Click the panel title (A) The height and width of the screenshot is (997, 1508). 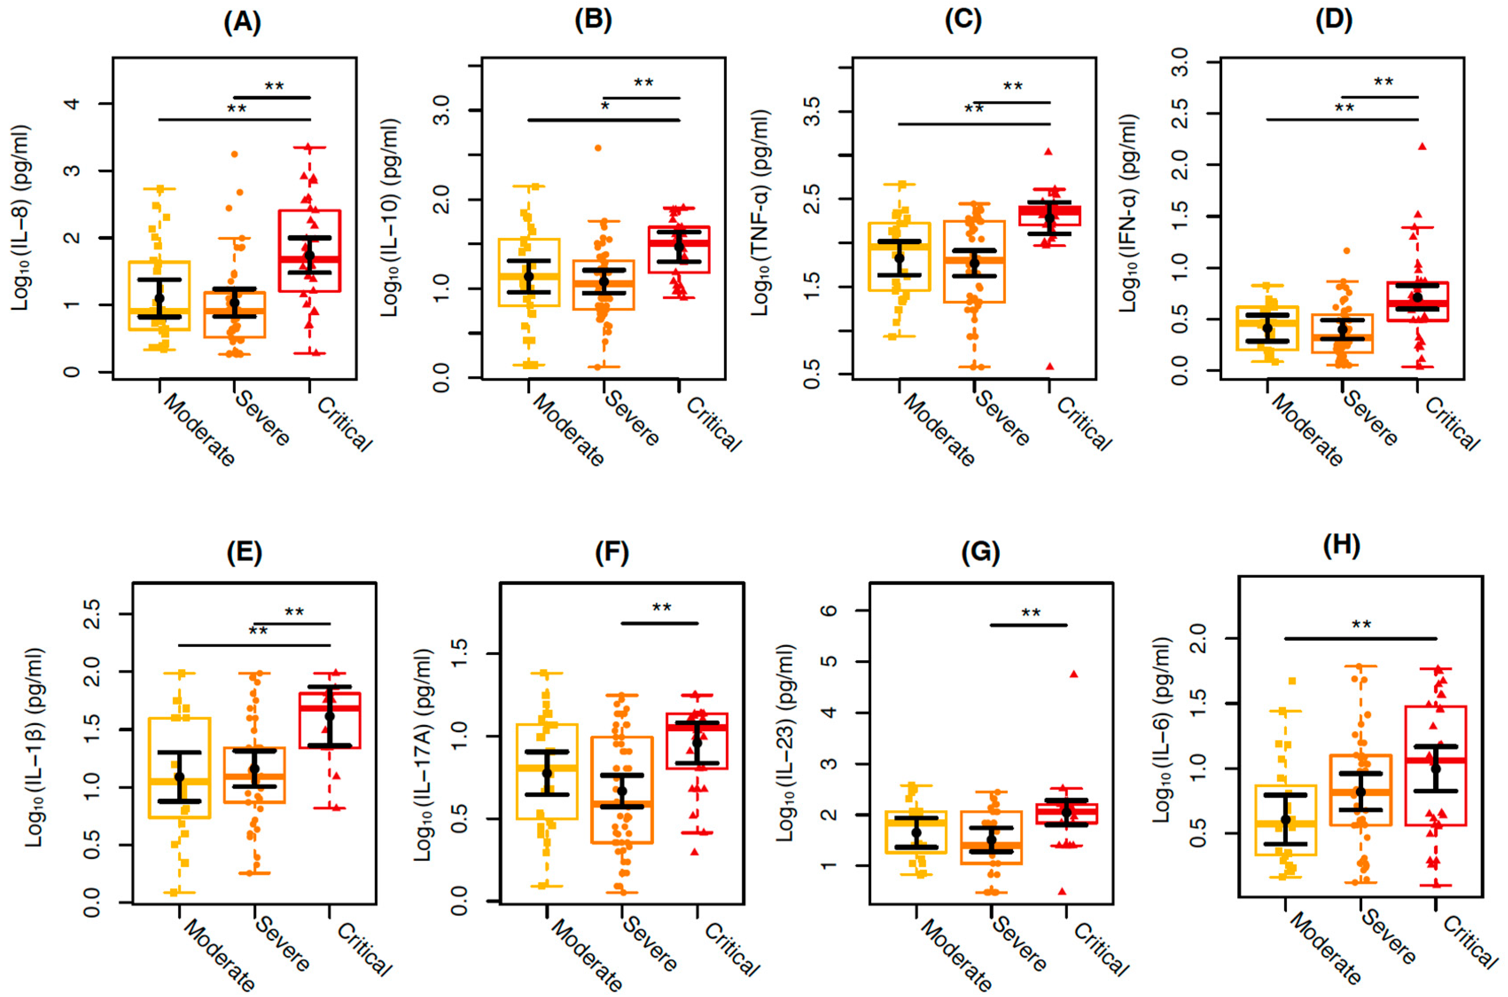242,23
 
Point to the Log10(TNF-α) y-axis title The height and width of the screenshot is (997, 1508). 761,213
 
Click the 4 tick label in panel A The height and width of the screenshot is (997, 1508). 73,104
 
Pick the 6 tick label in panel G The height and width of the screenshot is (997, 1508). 830,611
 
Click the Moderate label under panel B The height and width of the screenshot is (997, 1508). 568,430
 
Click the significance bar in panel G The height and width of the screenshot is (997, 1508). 1029,626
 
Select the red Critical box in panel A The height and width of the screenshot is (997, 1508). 310,251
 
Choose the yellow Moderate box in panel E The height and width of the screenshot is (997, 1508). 179,768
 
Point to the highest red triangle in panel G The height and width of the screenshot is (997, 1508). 1074,674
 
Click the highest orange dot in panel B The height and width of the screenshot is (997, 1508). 598,148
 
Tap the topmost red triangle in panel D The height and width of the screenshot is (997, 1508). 1422,146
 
